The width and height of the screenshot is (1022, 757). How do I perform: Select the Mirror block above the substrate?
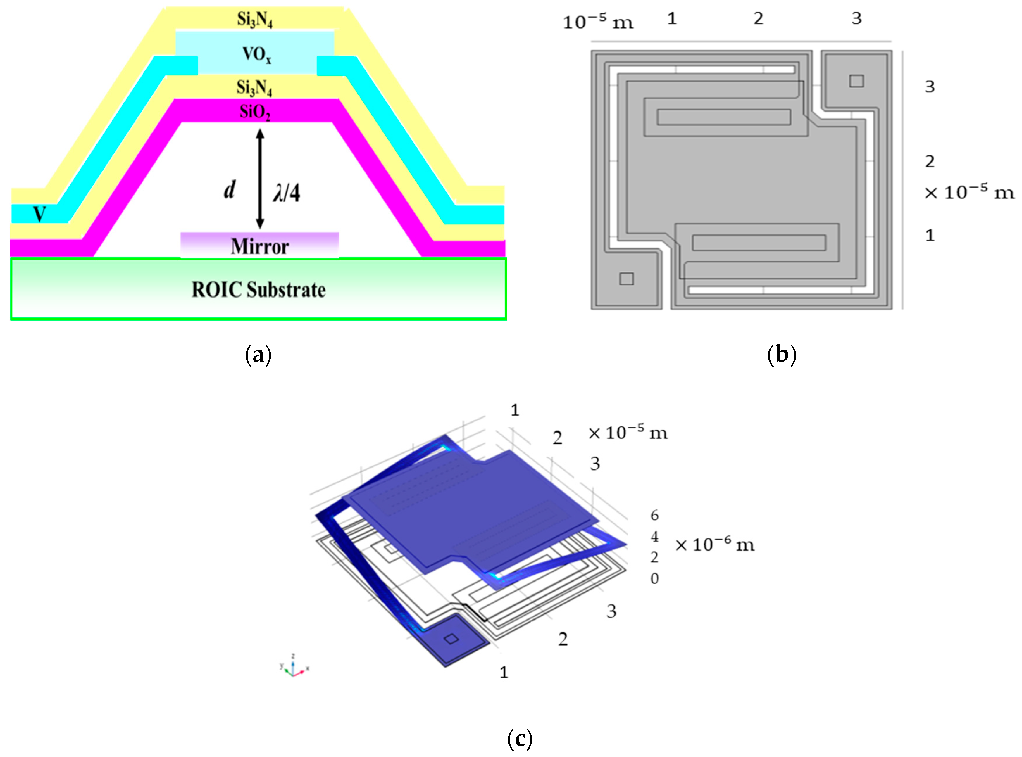(x=259, y=246)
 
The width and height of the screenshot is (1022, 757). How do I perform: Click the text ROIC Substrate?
(x=258, y=290)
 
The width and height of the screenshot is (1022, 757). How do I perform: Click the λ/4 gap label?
(x=287, y=192)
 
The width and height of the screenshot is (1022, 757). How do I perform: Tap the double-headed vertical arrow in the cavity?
(x=260, y=179)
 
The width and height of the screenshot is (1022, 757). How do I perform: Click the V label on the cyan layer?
(x=39, y=214)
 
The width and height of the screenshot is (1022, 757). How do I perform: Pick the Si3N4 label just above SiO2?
(x=254, y=87)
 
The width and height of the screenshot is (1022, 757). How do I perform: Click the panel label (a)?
(x=258, y=355)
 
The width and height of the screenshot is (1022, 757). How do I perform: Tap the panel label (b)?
(x=781, y=355)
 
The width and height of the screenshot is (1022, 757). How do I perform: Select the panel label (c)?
(x=520, y=738)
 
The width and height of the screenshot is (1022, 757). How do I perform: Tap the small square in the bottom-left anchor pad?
(x=626, y=279)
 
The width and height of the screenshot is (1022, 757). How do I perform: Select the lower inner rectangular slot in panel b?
(x=759, y=242)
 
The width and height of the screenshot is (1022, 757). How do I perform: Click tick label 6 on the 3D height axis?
(x=654, y=516)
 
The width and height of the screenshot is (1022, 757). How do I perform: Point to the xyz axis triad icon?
(x=293, y=667)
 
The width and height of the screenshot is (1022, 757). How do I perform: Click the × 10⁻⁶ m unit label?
(x=714, y=545)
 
